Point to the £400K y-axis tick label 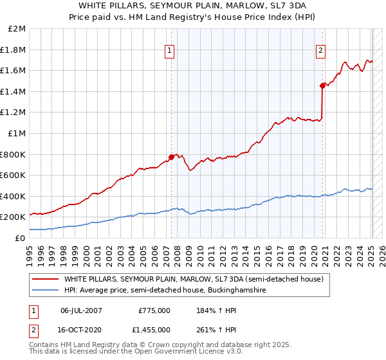point(13,196)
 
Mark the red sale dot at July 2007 point(172,156)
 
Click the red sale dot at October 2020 point(322,85)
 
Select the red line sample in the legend point(46,280)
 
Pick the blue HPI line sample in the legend point(46,291)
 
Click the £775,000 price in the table point(154,310)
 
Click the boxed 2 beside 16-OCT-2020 point(32,330)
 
